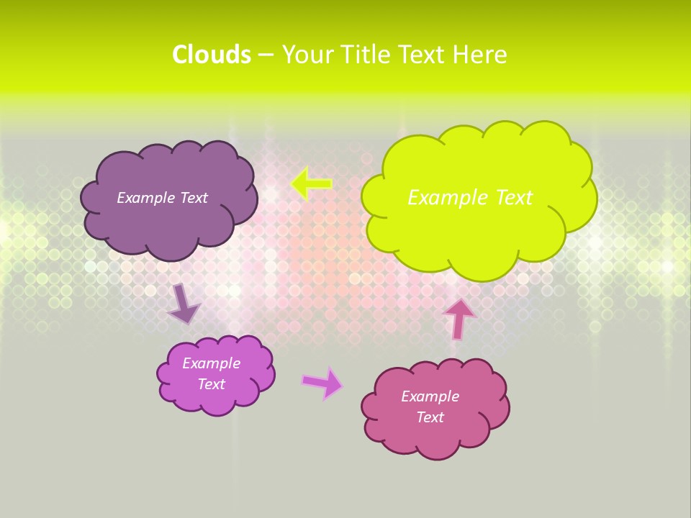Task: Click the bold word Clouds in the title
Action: (x=211, y=55)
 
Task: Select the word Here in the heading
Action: (x=481, y=55)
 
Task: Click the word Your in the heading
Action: (x=307, y=55)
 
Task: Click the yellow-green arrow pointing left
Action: (x=311, y=184)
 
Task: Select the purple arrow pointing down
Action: (x=184, y=304)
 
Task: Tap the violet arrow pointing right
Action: (x=322, y=383)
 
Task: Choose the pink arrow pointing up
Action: (x=459, y=317)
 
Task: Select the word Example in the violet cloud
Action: (x=212, y=363)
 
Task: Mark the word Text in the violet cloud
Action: (x=212, y=384)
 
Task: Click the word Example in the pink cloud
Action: (x=430, y=396)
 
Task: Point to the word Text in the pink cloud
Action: (x=430, y=417)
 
